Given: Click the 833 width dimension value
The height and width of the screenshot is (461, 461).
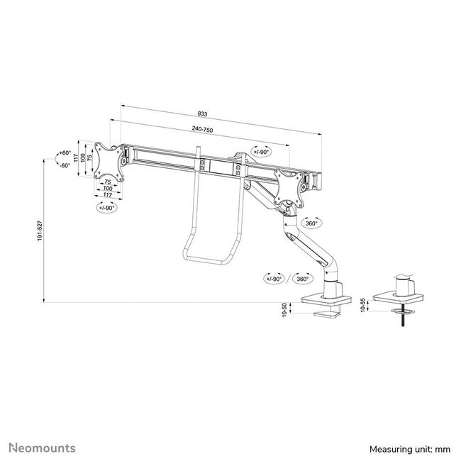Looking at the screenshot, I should point(204,114).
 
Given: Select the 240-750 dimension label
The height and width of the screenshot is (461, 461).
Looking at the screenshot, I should point(202,130).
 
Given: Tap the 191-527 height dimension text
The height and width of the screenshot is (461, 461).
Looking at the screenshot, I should point(37,230).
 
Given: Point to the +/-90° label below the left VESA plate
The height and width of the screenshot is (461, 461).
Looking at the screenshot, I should point(107,207).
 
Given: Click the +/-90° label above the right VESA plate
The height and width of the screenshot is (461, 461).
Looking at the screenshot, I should point(260,151).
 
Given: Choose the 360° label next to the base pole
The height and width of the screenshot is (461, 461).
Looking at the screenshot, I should point(303,279).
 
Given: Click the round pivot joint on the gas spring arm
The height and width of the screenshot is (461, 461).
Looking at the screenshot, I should point(288,208).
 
